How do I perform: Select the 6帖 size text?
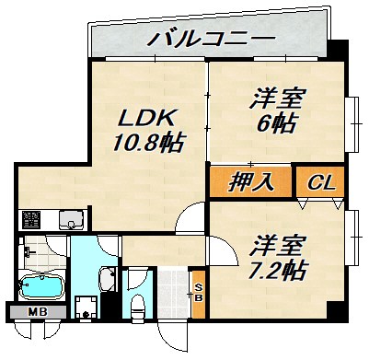(277, 122)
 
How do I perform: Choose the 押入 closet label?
(250, 181)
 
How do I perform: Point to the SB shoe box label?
(197, 290)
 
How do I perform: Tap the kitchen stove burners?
(33, 220)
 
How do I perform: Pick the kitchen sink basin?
(70, 220)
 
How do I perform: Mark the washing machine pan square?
(88, 306)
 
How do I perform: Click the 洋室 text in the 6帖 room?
(277, 97)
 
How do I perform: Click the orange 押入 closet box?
(250, 181)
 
